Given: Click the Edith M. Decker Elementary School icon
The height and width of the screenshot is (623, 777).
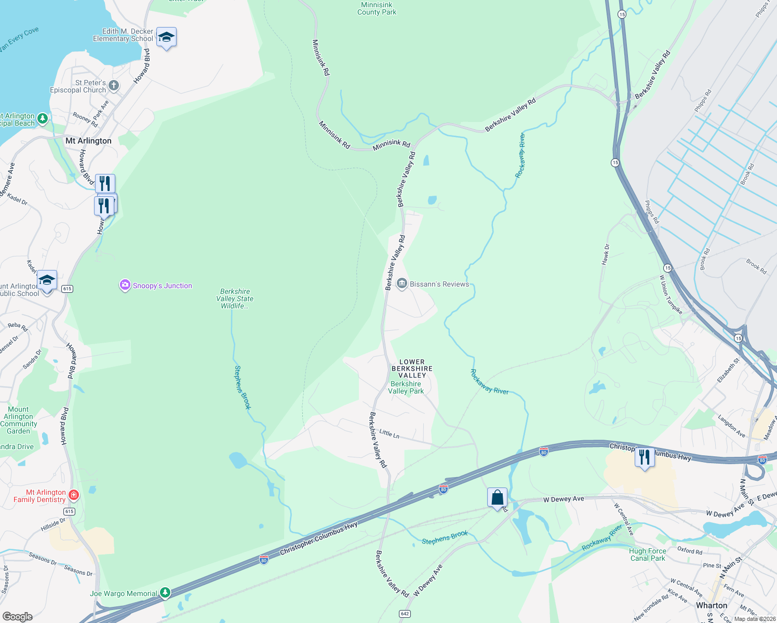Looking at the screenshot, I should coord(166,37).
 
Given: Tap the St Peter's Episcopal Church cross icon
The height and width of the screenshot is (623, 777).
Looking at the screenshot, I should coord(114,85).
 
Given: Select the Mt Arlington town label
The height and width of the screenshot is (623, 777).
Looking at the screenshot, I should coord(88,141).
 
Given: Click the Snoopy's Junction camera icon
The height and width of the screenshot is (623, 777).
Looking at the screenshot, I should coord(125,285).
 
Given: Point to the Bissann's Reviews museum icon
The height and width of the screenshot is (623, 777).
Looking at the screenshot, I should coord(401,283).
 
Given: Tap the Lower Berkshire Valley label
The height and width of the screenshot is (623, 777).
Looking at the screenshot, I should coord(412,369).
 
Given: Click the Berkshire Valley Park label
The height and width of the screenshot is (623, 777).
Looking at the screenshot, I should coord(406,388).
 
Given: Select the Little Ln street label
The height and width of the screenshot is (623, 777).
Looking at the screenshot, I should coord(389,434).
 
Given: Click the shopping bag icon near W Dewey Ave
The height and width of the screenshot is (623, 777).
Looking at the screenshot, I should coord(497,498).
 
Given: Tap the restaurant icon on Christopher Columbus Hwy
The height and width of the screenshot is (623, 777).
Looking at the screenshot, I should coord(645,457).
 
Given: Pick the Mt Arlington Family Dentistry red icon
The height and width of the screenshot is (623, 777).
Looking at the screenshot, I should coord(74,495).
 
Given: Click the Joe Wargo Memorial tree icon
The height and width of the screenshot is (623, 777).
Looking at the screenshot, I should coord(165,592).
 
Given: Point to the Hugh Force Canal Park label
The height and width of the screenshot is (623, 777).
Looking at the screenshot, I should coord(647,554).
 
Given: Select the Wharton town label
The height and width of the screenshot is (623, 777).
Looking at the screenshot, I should coord(712,605).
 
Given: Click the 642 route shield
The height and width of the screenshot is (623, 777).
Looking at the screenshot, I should coord(405,614).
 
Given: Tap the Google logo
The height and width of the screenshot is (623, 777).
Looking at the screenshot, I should coord(18,616).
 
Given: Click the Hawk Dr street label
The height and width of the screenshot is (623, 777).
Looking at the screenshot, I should coord(606,255).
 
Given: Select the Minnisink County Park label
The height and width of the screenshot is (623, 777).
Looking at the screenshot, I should coord(377,8).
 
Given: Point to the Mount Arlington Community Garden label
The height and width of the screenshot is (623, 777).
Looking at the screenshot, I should coord(19,420).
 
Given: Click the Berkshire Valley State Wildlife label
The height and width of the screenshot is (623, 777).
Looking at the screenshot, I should coord(235,299).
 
